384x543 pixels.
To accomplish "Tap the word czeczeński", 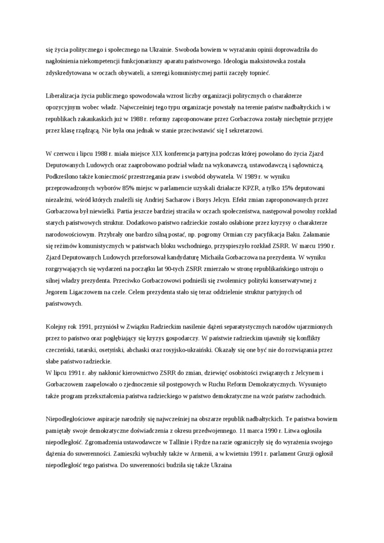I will pyautogui.click(x=62, y=350).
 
